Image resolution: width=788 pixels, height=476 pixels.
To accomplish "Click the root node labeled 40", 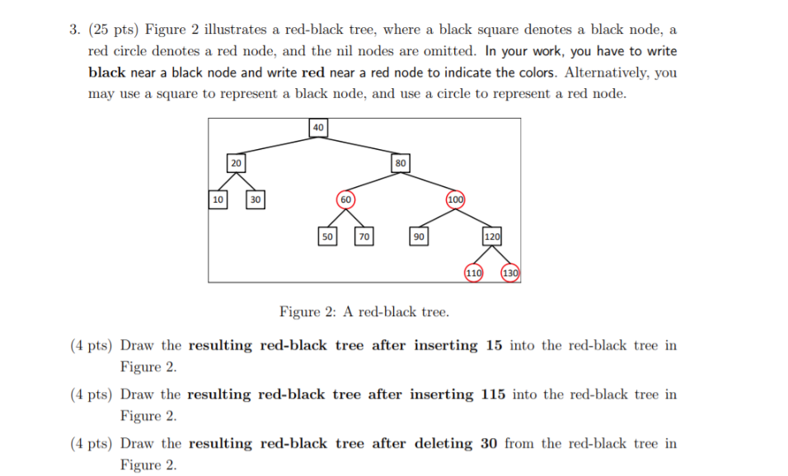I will coord(318,127).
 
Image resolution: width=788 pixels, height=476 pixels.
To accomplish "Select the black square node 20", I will coord(236,163).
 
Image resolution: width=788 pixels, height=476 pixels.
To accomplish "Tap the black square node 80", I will coord(400,163).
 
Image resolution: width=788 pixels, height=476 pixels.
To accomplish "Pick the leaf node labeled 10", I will coord(218,199).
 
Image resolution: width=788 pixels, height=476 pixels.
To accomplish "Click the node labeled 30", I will coord(256,199).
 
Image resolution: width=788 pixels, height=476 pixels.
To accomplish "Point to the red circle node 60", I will coord(346,199).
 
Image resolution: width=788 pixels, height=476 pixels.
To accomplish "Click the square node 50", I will coord(327,236).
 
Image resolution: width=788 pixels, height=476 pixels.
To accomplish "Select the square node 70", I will coord(364,236).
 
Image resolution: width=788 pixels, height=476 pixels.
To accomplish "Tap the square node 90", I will coord(419,236).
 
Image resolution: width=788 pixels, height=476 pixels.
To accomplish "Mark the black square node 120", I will coord(491,236).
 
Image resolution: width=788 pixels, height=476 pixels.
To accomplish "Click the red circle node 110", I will coord(473,273).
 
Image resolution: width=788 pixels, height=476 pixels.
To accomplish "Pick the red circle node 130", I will coord(509,273).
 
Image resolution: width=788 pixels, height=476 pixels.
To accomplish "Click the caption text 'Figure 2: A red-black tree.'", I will coord(364,312).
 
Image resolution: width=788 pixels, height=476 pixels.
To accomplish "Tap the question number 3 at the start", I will coord(74,30).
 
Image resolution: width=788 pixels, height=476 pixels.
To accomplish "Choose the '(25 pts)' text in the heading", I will coord(112,30).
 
